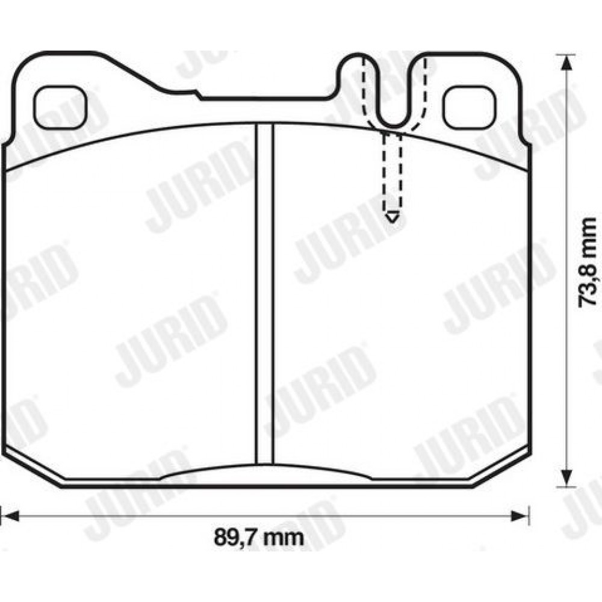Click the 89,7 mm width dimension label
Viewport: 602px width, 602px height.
click(258, 538)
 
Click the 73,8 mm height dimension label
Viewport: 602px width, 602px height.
click(588, 262)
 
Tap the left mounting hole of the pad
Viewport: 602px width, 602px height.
click(60, 107)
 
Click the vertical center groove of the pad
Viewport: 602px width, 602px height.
click(265, 294)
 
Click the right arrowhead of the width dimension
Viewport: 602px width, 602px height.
click(520, 516)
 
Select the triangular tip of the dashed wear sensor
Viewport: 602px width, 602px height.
click(392, 217)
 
